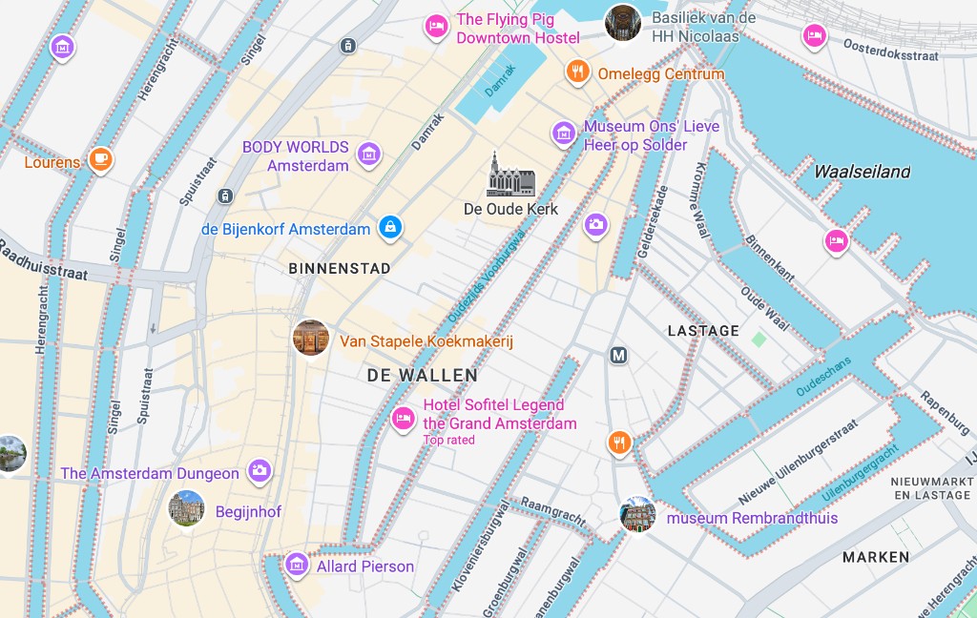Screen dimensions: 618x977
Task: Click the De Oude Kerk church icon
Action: point(511,175)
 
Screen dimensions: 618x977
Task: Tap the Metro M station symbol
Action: point(619,356)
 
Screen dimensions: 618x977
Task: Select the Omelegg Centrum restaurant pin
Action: point(576,72)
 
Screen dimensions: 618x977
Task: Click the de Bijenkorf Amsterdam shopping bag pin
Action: point(389,227)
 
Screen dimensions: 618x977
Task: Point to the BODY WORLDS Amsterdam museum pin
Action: point(368,153)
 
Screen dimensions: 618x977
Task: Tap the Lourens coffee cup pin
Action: point(100,159)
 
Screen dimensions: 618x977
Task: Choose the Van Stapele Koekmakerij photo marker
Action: point(311,339)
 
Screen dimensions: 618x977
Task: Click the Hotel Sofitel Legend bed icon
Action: point(404,418)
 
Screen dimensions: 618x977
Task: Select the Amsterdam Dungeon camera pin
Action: point(259,470)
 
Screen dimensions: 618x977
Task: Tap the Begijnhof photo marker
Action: point(186,508)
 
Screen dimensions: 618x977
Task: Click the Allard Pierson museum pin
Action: point(298,565)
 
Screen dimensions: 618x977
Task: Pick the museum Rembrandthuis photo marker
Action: point(637,515)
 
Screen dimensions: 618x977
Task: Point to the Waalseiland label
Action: point(862,173)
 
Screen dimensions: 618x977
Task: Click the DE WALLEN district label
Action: point(422,376)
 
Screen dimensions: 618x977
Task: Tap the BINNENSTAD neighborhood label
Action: point(340,269)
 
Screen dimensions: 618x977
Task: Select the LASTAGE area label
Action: point(703,331)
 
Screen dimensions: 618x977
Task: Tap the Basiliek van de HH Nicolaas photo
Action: point(622,23)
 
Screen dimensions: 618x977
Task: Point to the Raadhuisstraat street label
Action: point(43,264)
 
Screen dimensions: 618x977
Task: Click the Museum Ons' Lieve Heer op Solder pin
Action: point(564,134)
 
